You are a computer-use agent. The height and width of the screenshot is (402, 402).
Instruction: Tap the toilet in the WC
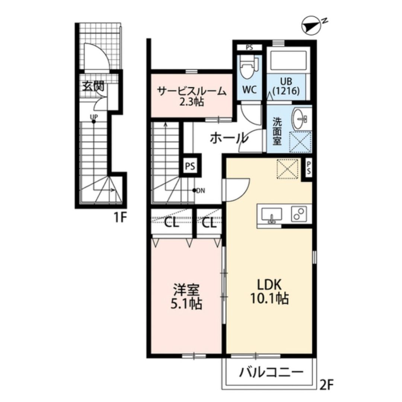tap(248, 67)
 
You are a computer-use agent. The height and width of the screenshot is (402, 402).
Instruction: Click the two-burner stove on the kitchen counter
tap(299, 214)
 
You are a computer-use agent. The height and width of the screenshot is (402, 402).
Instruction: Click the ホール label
tap(229, 138)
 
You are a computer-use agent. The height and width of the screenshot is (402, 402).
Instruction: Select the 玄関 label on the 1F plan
tap(93, 87)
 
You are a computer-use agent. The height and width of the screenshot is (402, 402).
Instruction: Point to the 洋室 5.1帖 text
tap(186, 297)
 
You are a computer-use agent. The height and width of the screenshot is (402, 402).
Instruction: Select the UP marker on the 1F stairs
tap(94, 117)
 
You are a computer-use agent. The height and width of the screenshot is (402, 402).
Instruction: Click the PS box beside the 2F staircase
tap(190, 166)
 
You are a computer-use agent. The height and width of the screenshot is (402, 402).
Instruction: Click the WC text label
tap(249, 90)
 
